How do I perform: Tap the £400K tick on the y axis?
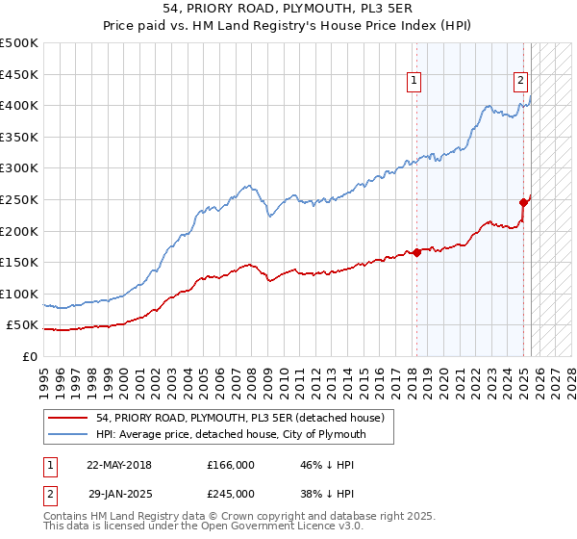pos(20,105)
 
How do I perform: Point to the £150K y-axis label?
pos(20,262)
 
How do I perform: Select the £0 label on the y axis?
pos(31,356)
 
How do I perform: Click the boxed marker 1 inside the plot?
pos(414,82)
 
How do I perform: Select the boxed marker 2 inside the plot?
pos(520,82)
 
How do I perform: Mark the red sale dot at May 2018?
pos(417,252)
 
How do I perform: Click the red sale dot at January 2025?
pos(524,202)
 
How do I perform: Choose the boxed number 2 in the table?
pos(48,492)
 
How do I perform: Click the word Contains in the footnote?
pos(68,517)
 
